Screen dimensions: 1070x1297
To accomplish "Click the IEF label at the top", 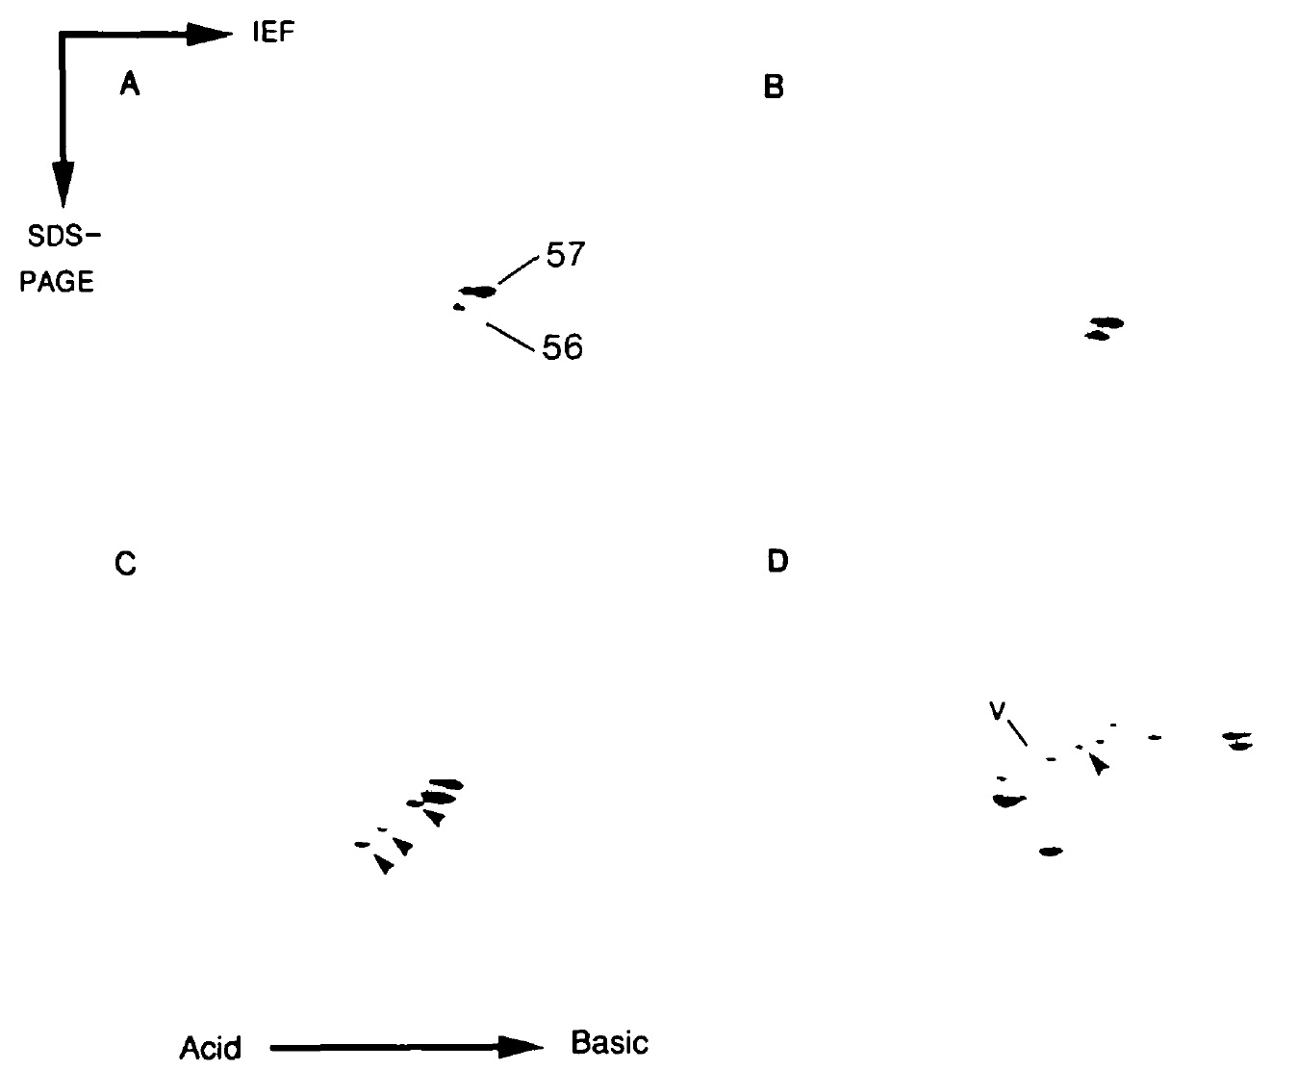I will (272, 34).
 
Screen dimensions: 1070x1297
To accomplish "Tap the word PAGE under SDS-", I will (58, 282).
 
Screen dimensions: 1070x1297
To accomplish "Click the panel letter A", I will (130, 87).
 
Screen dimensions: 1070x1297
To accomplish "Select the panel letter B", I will (774, 88).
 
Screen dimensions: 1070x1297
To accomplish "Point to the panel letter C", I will (125, 563).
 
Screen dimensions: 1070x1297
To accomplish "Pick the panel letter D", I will (777, 561).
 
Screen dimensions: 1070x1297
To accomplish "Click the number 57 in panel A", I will (565, 255).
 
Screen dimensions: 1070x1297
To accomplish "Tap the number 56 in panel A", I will (562, 346).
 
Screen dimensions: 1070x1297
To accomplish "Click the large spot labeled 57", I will (478, 292).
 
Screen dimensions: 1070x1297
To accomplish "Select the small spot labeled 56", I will (459, 308).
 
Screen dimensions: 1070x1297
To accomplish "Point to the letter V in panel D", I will (998, 711).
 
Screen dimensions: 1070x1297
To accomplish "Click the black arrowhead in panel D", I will (1098, 764).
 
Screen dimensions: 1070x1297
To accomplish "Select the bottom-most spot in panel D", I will (1051, 852).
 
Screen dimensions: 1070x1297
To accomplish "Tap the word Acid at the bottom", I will (211, 1047).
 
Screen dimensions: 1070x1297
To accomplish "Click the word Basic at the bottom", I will (609, 1042).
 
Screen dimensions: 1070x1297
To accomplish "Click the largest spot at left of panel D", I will (1008, 800).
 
